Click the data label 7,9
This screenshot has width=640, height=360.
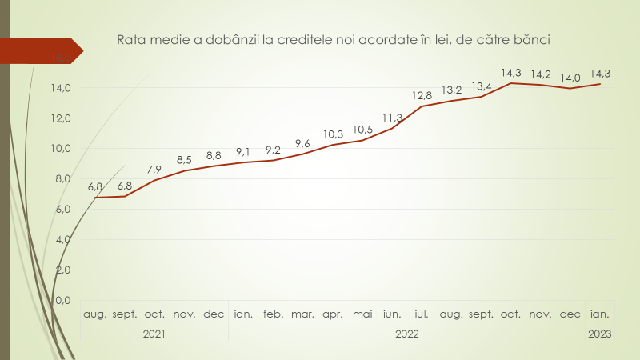(x=154, y=170)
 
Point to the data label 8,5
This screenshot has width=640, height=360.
(x=184, y=160)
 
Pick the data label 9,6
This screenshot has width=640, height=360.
(x=302, y=143)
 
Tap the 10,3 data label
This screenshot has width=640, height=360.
(x=332, y=134)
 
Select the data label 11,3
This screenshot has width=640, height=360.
(x=392, y=118)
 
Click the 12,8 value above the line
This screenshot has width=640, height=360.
(x=422, y=96)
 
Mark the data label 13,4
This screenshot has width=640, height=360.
(x=482, y=86)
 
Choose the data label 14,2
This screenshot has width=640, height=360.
(x=541, y=74)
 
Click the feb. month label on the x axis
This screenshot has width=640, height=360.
(x=274, y=314)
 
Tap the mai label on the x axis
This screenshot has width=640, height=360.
(x=362, y=314)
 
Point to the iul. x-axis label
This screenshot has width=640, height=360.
(x=422, y=314)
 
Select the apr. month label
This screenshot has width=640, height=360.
(x=333, y=314)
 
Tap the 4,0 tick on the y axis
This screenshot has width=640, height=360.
(x=62, y=239)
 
